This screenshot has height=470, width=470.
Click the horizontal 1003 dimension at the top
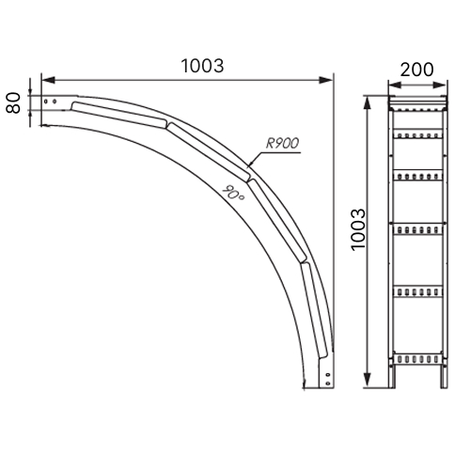point(202,66)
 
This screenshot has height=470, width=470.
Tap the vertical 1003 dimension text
point(358,229)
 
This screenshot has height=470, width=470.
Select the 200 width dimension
point(416,70)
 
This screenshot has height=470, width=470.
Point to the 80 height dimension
point(13,102)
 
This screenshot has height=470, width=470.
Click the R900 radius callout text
point(283,143)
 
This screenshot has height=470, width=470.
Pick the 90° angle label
point(233,193)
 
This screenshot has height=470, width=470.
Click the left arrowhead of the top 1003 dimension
point(48,80)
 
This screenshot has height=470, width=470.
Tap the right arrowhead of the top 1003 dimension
point(326,80)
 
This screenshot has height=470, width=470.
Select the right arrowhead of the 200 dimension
point(439,85)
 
